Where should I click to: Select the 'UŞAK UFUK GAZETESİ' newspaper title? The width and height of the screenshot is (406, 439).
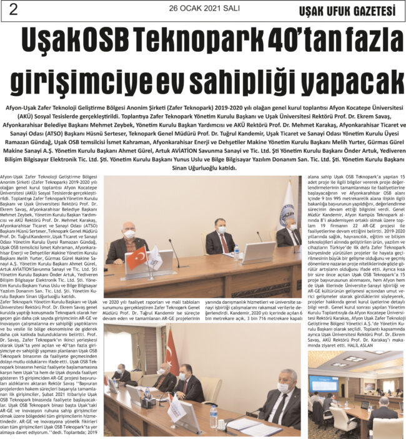point(352,11)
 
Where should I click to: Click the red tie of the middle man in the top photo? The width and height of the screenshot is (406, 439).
point(221,239)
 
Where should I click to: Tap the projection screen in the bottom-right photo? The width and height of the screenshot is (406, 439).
point(323,384)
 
